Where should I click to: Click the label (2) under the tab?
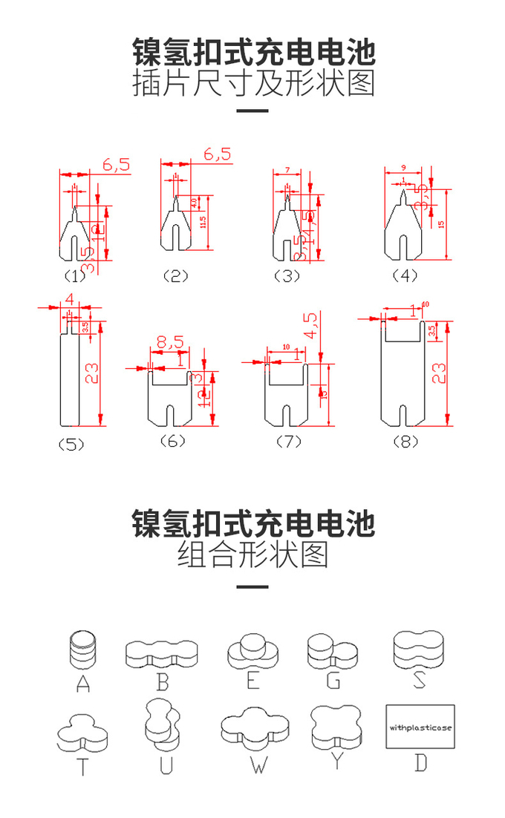176,276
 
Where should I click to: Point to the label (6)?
172,441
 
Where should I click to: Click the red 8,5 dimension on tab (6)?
170,343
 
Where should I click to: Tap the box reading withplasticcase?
420,727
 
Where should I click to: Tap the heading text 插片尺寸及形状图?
252,84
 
